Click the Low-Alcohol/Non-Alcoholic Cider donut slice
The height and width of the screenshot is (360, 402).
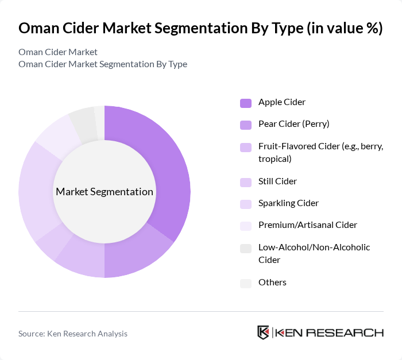tap(82, 121)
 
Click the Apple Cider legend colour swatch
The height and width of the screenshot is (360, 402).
tap(245, 103)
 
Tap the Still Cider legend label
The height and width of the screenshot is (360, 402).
tap(277, 181)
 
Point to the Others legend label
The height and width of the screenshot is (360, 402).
tap(272, 282)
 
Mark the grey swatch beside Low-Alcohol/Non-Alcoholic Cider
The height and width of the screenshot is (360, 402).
tap(245, 248)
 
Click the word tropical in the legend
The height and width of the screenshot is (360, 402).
tap(275, 158)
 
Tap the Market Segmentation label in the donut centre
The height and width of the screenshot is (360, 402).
tap(104, 192)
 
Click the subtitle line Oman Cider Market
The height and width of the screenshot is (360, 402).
tap(58, 52)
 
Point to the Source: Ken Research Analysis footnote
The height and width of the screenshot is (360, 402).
tap(73, 334)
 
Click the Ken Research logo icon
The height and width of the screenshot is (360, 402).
tap(264, 333)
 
